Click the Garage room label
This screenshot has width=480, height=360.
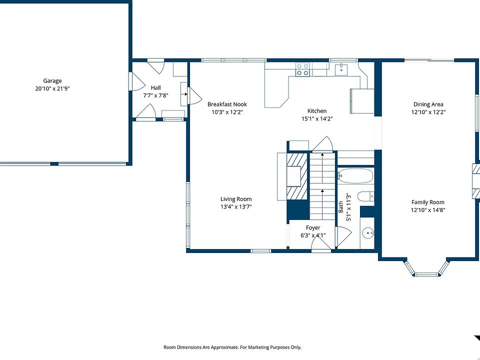point(52,81)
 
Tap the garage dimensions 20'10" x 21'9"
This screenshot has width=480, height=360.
point(52,88)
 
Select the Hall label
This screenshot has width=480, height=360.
point(155,88)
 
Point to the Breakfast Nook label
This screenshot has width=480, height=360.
point(227,104)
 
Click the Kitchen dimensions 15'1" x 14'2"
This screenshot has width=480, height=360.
point(317,118)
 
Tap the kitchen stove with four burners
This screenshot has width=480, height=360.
point(302,69)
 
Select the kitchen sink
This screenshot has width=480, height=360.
point(341,69)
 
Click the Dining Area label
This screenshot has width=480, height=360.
point(428,104)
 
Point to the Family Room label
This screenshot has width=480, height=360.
point(427,202)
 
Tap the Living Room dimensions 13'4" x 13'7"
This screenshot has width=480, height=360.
point(236,206)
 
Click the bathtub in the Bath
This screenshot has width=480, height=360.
point(355,175)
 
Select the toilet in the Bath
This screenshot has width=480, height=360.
point(365,196)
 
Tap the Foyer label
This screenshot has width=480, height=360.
point(313,228)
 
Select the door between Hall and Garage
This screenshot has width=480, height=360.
point(135,81)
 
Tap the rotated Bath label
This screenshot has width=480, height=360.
point(340,207)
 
